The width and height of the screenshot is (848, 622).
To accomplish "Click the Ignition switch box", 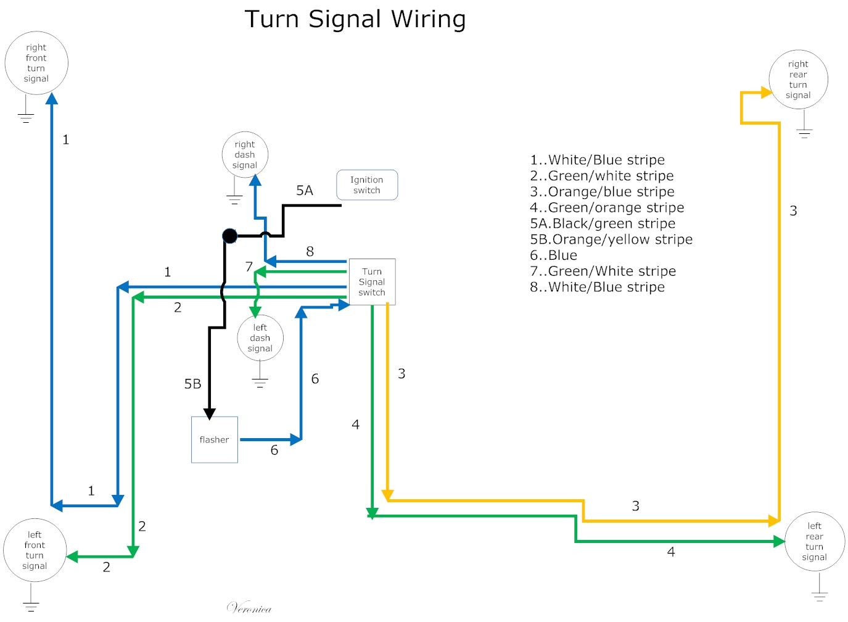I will coord(367,185).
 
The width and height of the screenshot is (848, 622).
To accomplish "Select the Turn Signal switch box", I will coord(372,282).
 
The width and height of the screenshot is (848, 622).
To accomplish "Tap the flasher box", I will coord(214,440).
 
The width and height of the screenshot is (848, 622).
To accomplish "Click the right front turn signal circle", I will coord(36,63).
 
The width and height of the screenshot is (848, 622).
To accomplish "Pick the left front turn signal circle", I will coord(35,550).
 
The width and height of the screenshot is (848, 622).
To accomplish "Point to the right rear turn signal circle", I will coord(798,80).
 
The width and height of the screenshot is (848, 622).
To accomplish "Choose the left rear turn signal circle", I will coord(814,542).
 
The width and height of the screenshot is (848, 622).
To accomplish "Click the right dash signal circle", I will coord(245,155).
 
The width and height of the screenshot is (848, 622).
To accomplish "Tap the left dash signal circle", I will coord(260,338).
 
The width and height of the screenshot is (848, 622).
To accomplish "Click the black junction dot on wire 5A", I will coord(229,236).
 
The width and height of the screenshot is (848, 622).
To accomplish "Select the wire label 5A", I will coord(305,191).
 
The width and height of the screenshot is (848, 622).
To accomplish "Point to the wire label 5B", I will coord(192,384).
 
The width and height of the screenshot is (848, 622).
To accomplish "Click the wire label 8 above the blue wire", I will coord(310,252).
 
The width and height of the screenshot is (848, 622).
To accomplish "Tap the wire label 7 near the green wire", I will coord(249,267).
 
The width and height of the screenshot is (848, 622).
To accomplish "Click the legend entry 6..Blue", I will coord(553,255).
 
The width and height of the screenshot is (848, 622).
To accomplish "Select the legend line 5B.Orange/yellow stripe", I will coord(611,239).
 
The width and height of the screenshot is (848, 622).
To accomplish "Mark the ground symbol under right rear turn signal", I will coord(804,133).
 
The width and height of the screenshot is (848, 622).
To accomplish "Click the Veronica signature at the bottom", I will coord(249,608).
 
